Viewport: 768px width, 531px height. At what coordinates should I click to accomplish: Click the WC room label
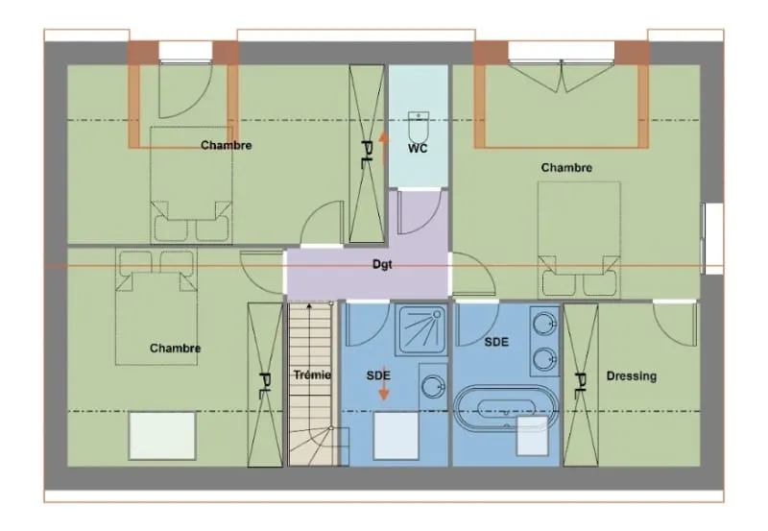click(x=418, y=148)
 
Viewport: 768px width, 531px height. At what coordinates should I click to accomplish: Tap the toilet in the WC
click(x=419, y=126)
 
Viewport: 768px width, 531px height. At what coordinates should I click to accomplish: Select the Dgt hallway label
click(x=382, y=264)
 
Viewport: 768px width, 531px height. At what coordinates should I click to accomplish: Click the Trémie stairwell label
click(x=312, y=375)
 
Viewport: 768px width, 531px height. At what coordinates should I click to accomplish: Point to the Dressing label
click(x=632, y=376)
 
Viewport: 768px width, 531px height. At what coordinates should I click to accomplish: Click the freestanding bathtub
click(x=506, y=407)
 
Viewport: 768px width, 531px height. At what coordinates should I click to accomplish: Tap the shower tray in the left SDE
click(x=421, y=329)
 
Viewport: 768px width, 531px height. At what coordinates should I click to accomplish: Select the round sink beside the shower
click(x=433, y=386)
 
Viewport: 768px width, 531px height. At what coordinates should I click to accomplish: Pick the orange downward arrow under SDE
click(x=383, y=383)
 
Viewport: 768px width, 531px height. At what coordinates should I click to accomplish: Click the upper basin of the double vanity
click(x=544, y=324)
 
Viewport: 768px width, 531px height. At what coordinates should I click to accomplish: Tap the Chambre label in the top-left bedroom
click(x=227, y=145)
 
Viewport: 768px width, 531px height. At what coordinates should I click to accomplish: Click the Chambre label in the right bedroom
click(x=566, y=167)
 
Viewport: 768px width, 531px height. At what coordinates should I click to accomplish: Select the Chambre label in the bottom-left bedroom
click(x=176, y=349)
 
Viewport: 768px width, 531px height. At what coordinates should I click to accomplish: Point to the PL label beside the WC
click(x=367, y=154)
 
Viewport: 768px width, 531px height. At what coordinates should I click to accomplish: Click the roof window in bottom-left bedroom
click(x=162, y=436)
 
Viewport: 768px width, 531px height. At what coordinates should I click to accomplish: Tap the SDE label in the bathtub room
click(x=496, y=342)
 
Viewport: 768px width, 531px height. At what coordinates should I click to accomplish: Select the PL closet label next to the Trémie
click(x=266, y=386)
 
